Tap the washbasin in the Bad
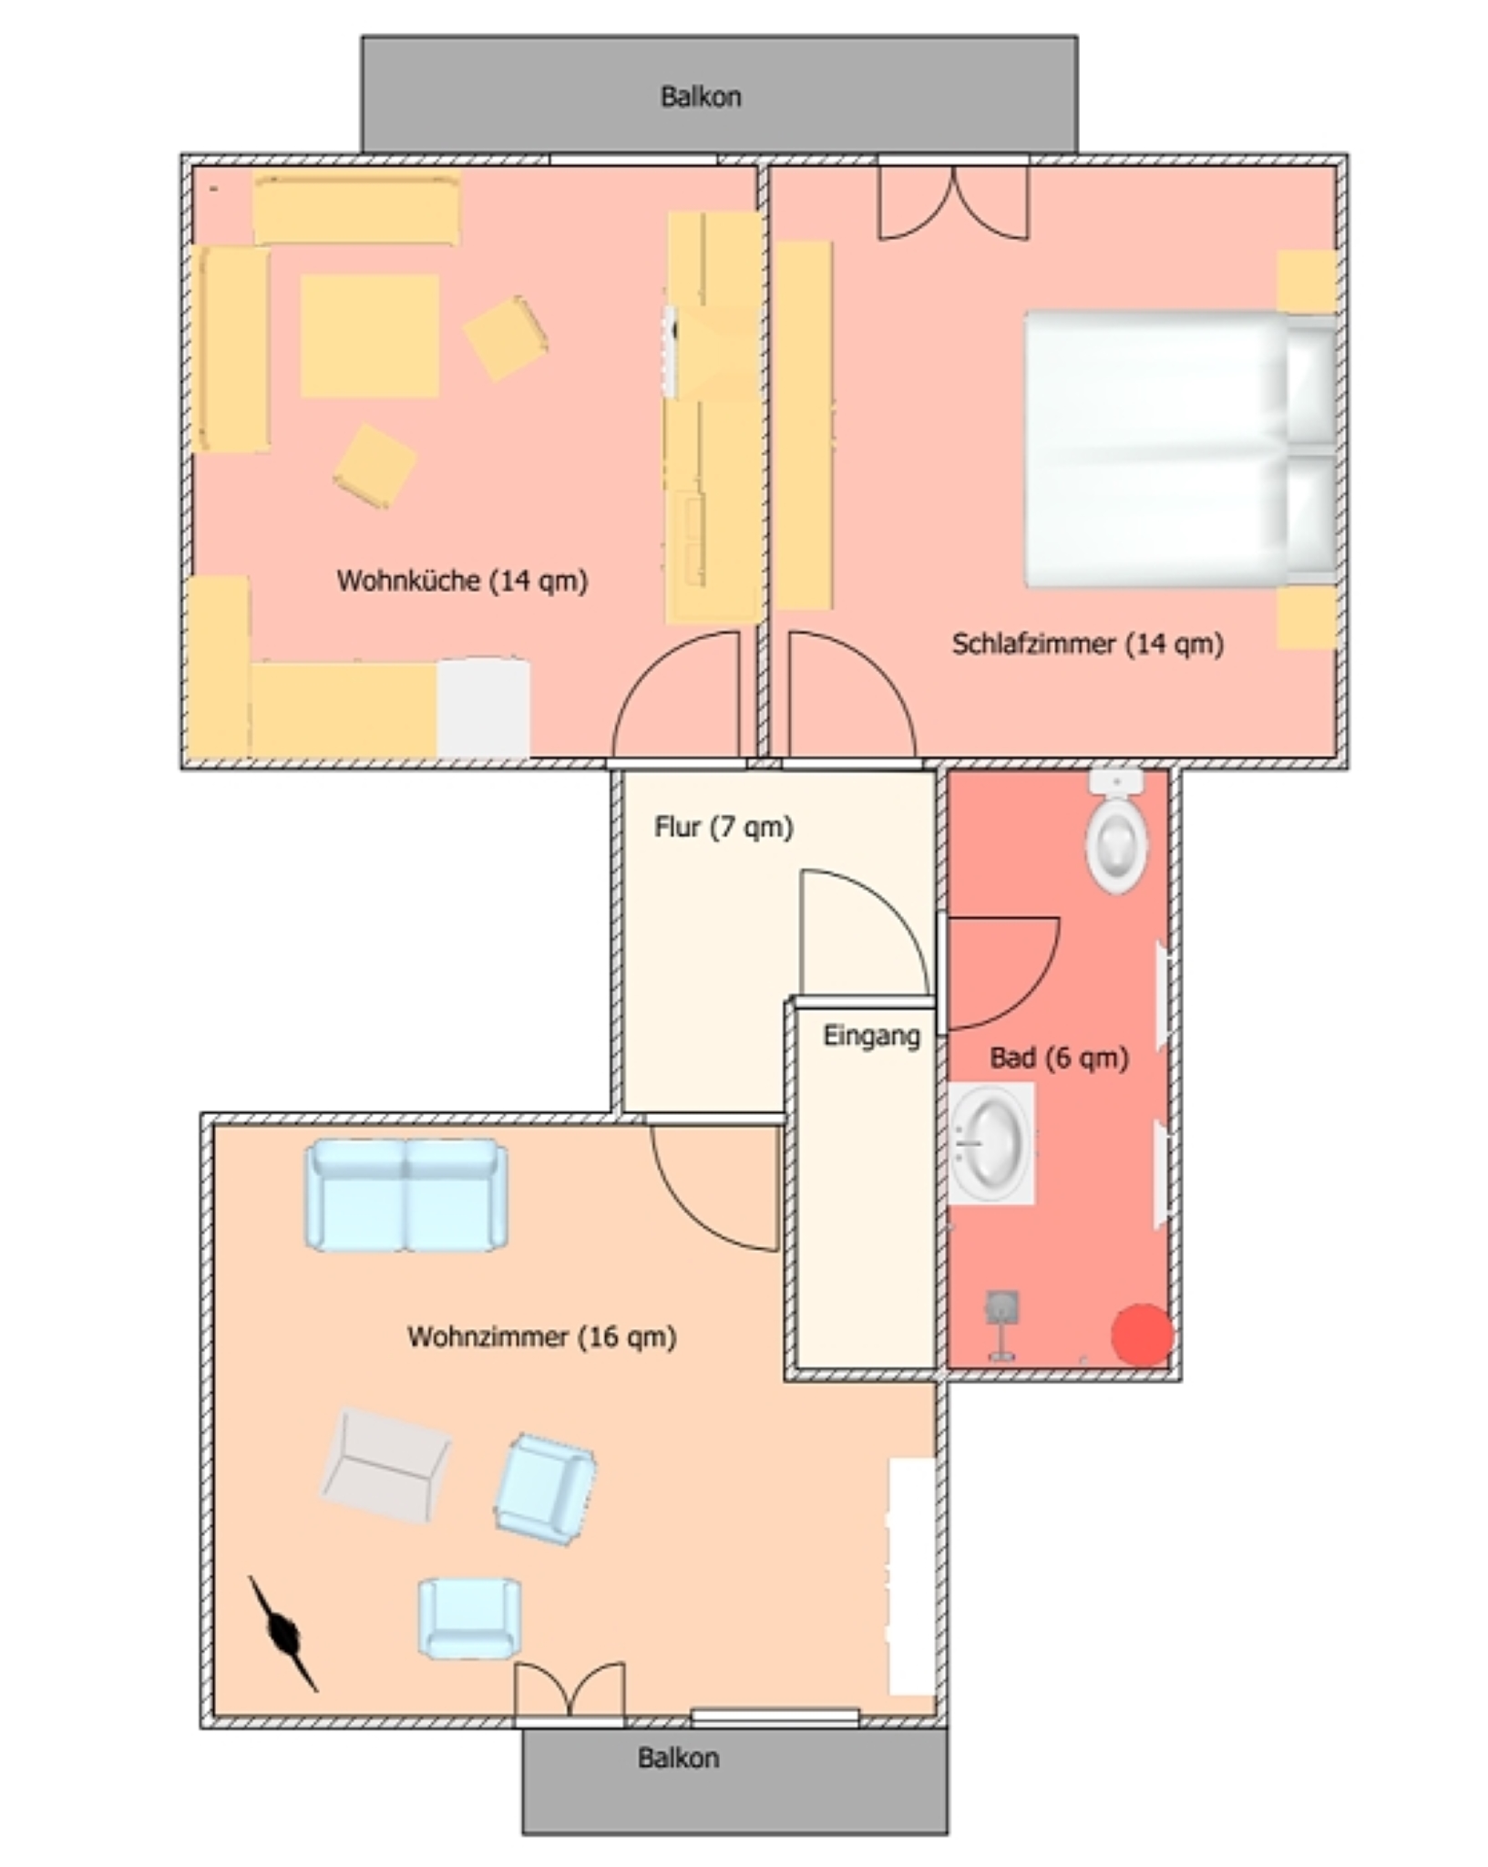pyautogui.click(x=991, y=1143)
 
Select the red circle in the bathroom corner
pyautogui.click(x=1142, y=1335)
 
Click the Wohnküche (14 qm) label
pyautogui.click(x=462, y=581)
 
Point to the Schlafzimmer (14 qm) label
pyautogui.click(x=1087, y=644)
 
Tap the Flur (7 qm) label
pyautogui.click(x=723, y=827)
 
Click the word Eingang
pyautogui.click(x=871, y=1036)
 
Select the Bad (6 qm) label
pyautogui.click(x=1059, y=1057)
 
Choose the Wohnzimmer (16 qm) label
pyautogui.click(x=541, y=1336)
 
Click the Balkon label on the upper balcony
pyautogui.click(x=701, y=97)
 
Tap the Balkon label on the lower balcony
pyautogui.click(x=678, y=1758)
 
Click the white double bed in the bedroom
pyautogui.click(x=1181, y=449)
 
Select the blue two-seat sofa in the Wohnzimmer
pyautogui.click(x=406, y=1194)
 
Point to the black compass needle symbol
pyautogui.click(x=283, y=1635)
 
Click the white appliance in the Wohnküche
pyautogui.click(x=483, y=707)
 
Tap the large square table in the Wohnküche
pyautogui.click(x=370, y=335)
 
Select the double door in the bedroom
pyautogui.click(x=953, y=203)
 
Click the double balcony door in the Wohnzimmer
pyautogui.click(x=570, y=1692)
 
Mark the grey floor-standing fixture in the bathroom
pyautogui.click(x=1001, y=1325)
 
